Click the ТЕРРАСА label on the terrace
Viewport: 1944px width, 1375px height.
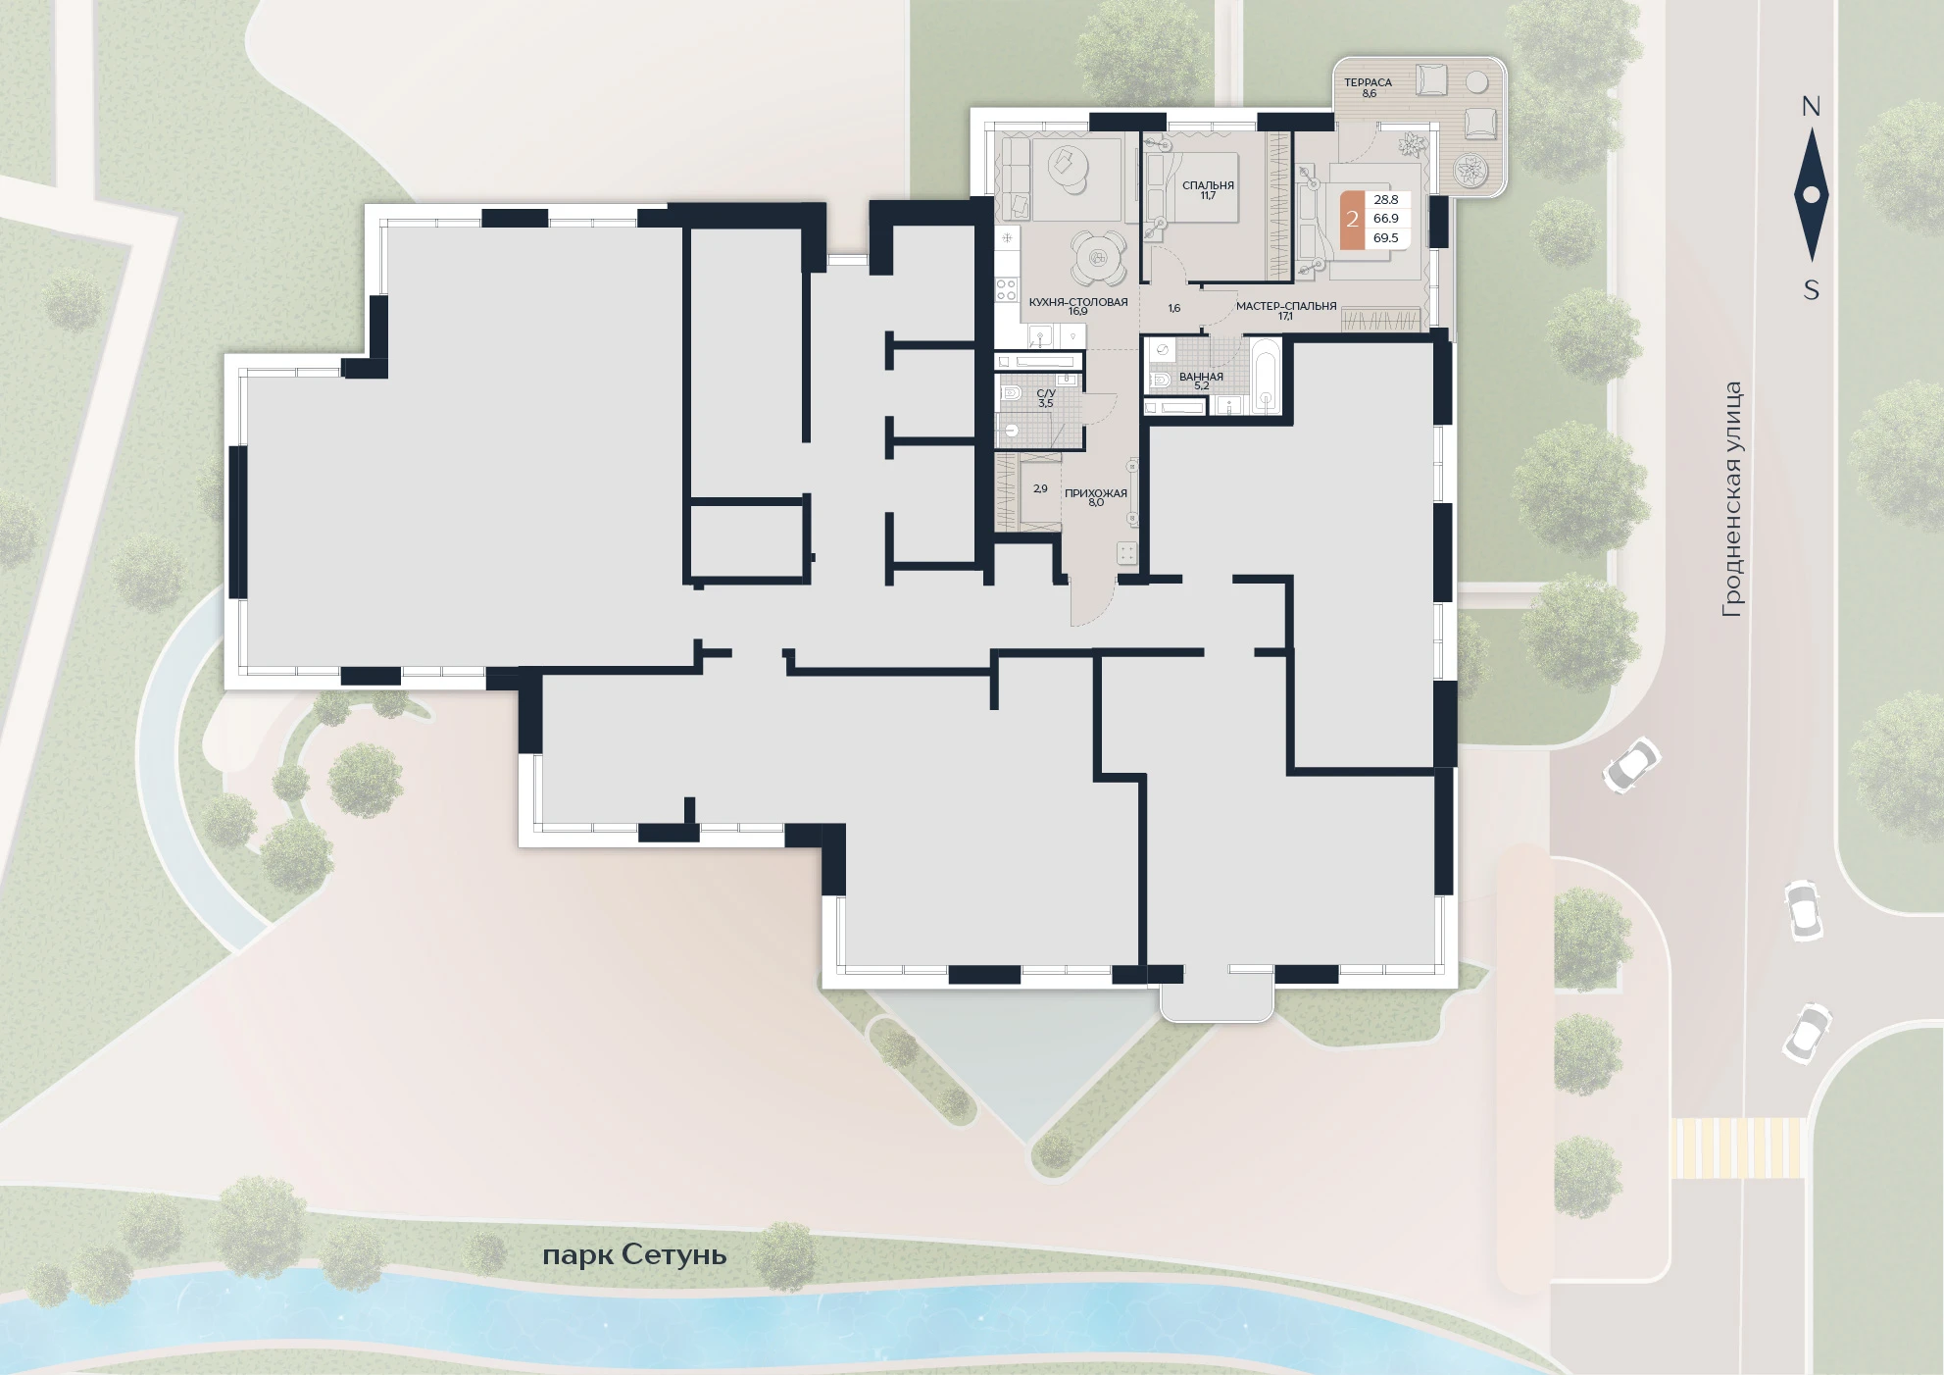[x=1368, y=82]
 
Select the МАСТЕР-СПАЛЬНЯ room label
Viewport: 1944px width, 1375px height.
[x=1286, y=306]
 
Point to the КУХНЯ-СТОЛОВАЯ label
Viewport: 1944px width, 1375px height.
[x=1078, y=302]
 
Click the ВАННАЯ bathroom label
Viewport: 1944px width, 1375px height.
[x=1201, y=377]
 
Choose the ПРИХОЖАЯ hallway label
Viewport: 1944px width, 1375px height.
[x=1096, y=493]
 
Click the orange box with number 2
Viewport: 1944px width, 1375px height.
[x=1353, y=220]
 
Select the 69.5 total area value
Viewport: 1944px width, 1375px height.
[x=1386, y=238]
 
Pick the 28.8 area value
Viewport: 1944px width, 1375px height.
[x=1386, y=200]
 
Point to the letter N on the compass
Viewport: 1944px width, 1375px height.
[x=1811, y=107]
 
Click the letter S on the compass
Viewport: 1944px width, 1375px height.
[x=1812, y=290]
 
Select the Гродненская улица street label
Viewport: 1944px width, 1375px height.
[x=1732, y=499]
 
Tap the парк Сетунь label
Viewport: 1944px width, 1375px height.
[x=634, y=1255]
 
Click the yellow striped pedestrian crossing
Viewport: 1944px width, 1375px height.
[x=1737, y=1148]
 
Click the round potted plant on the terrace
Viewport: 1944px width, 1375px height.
[x=1470, y=170]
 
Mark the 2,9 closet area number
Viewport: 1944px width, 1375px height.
[x=1040, y=488]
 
